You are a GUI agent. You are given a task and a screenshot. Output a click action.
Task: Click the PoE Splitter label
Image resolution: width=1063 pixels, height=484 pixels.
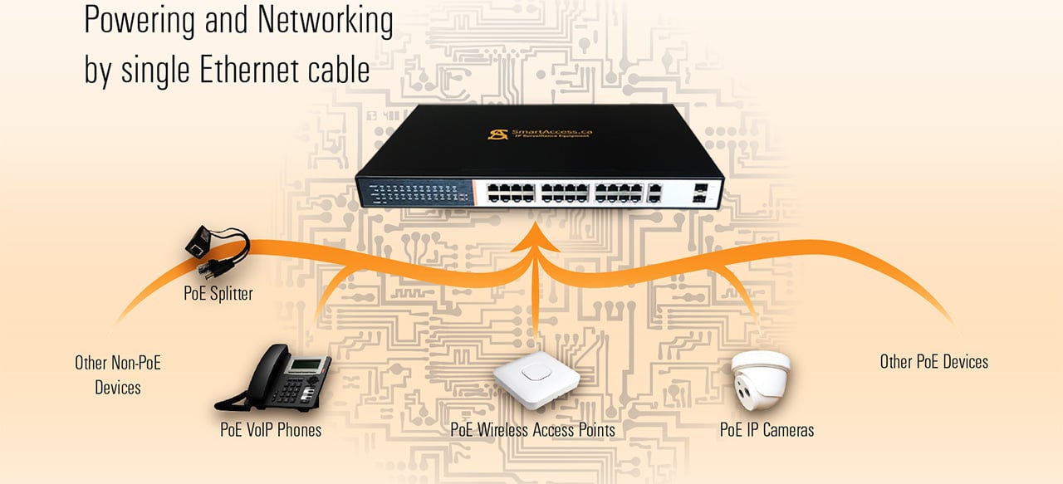click(218, 293)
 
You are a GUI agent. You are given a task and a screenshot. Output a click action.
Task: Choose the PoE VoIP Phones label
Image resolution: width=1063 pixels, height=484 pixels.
click(270, 430)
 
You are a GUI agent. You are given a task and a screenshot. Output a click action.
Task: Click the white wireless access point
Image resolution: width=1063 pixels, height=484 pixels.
click(536, 379)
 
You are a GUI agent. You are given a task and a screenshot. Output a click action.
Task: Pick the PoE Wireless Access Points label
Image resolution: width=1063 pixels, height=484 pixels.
click(532, 430)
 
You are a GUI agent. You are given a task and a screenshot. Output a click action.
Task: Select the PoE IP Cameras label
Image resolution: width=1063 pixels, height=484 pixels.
click(767, 430)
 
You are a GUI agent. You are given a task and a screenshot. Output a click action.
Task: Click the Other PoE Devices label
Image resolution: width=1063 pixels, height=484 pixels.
click(933, 362)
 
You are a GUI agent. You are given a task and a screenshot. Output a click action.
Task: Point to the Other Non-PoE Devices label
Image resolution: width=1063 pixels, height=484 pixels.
click(118, 374)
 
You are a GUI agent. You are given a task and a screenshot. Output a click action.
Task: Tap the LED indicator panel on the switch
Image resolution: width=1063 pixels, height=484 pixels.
click(414, 194)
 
